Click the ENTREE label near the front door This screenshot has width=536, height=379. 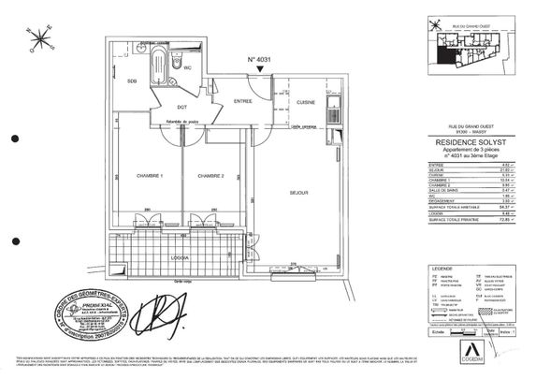[x=243, y=101]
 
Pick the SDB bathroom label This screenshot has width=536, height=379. [x=133, y=81]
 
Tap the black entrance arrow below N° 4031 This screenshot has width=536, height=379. [x=271, y=80]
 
